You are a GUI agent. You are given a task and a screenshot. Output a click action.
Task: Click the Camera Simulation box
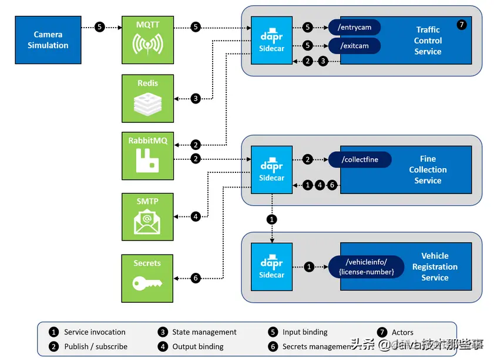[x=48, y=40]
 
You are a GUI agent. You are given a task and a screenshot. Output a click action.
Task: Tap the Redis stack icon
[x=147, y=103]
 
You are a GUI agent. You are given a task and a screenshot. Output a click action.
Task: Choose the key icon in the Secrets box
[x=147, y=283]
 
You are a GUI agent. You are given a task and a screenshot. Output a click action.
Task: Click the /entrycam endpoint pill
[x=354, y=27]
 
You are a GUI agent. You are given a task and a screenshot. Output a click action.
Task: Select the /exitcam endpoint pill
[x=354, y=45]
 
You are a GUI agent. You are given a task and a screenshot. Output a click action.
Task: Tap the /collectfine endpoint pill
[x=360, y=159]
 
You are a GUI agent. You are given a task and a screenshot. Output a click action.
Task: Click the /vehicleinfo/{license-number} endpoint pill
[x=367, y=266]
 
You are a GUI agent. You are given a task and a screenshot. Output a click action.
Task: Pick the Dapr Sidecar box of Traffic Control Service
[x=271, y=38]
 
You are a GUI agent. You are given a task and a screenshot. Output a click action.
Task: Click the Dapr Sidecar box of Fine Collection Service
[x=271, y=168]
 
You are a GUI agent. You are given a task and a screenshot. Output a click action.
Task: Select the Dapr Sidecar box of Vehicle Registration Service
[x=271, y=266]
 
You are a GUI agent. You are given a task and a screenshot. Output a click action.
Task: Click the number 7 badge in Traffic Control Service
[x=462, y=25]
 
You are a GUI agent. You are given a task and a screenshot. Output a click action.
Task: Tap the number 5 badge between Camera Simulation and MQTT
[x=100, y=27]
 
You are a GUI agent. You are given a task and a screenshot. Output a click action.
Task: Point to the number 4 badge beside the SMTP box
[x=196, y=216]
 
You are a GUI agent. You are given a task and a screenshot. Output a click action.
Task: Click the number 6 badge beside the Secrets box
[x=196, y=278]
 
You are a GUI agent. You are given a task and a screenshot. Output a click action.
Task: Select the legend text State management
[x=204, y=332]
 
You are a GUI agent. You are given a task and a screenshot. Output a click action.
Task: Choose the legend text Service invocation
[x=95, y=332]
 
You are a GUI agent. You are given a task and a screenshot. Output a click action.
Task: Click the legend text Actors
[x=402, y=332]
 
